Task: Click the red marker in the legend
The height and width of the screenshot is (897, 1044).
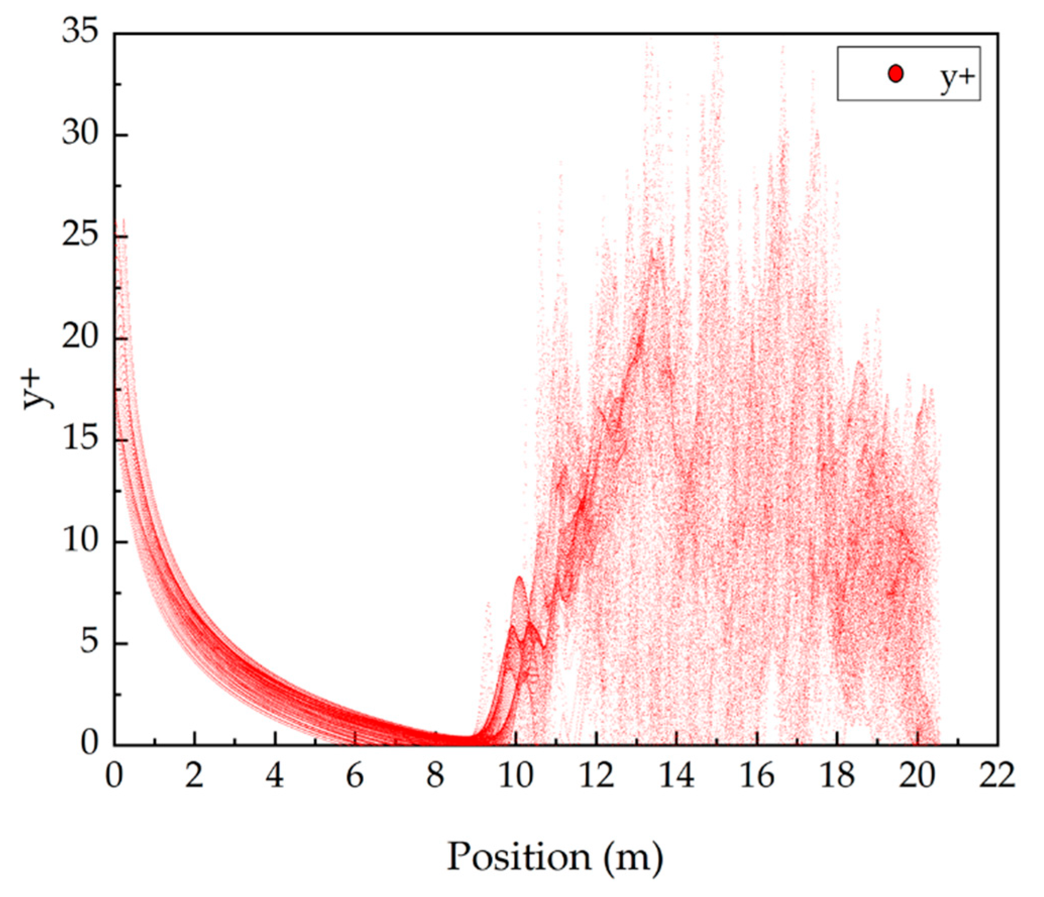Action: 895,74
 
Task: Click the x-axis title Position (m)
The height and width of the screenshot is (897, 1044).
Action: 555,856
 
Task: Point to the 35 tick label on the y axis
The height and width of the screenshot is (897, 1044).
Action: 81,34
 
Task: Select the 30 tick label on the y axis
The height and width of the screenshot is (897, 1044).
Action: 81,135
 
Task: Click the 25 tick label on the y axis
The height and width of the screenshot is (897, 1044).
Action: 81,237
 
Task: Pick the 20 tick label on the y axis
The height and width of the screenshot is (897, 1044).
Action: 81,338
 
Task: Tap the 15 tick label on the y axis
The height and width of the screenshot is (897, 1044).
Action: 81,440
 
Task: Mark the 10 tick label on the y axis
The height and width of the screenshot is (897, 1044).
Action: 81,542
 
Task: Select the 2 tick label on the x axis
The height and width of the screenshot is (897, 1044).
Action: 194,775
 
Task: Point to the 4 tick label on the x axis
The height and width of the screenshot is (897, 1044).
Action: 274,775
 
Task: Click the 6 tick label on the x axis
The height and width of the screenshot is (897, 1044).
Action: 355,775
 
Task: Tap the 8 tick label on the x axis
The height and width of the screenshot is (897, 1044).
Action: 435,775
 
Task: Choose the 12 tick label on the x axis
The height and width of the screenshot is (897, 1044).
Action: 596,775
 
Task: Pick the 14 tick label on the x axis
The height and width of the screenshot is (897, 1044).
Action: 676,775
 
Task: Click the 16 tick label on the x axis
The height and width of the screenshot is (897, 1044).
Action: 757,775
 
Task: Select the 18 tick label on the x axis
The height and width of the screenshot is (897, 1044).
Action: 837,775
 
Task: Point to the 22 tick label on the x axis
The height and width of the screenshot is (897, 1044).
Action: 998,775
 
